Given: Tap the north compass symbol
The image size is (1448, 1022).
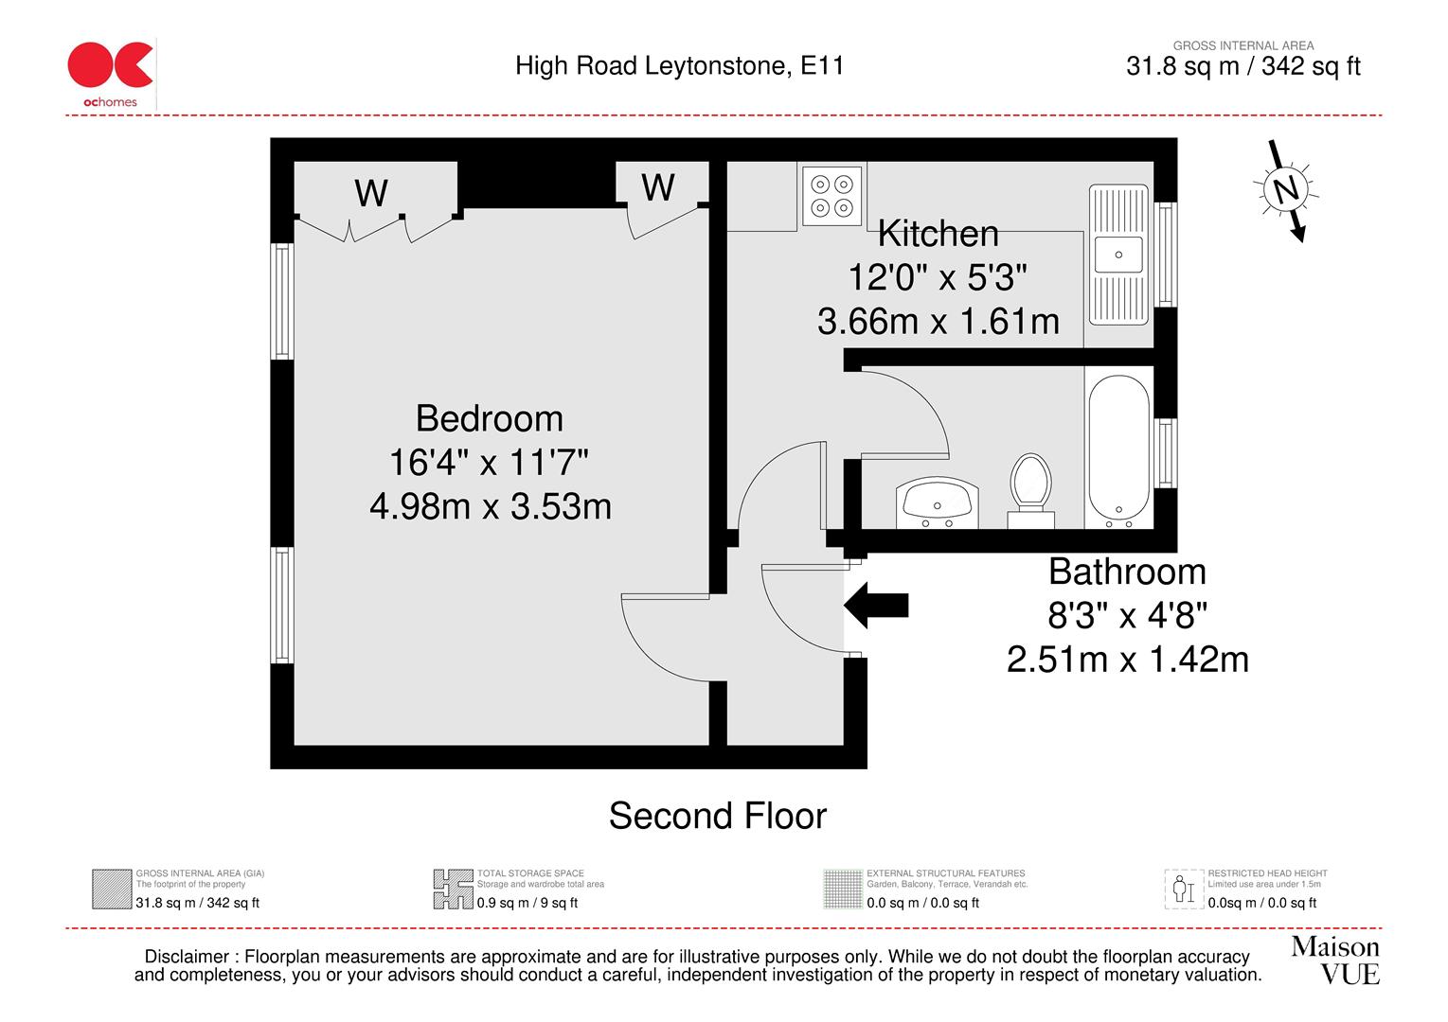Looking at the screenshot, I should pyautogui.click(x=1285, y=190).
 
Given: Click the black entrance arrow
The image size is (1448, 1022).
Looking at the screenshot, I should pyautogui.click(x=876, y=605).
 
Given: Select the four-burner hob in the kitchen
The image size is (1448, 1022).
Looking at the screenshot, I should pyautogui.click(x=832, y=196).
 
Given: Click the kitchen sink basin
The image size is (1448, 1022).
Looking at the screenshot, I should pyautogui.click(x=1118, y=255).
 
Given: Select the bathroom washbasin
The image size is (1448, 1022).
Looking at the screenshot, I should pyautogui.click(x=936, y=502).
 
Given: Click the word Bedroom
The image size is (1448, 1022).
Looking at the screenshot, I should pyautogui.click(x=489, y=418).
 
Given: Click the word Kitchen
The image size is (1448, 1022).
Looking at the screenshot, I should pyautogui.click(x=938, y=234).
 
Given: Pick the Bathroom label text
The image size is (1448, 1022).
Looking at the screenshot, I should pyautogui.click(x=1127, y=572).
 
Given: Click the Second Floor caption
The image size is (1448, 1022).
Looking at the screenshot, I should pyautogui.click(x=717, y=816).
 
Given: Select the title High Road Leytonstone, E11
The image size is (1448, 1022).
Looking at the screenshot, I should pyautogui.click(x=679, y=65).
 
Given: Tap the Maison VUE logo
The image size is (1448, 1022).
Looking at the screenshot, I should pyautogui.click(x=1334, y=960).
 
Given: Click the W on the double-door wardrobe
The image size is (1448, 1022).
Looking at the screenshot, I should pyautogui.click(x=371, y=193).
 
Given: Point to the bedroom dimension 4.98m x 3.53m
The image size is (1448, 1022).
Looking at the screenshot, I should pyautogui.click(x=490, y=506).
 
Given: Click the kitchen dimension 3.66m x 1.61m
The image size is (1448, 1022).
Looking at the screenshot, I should pyautogui.click(x=938, y=322).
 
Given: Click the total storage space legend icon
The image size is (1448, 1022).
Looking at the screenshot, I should pyautogui.click(x=453, y=890).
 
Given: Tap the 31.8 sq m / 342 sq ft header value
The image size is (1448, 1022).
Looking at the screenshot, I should pyautogui.click(x=1242, y=66).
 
